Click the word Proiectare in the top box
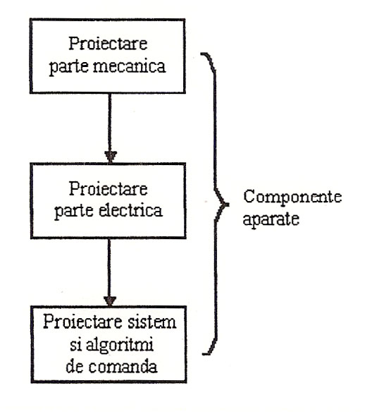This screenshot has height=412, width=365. tap(108, 44)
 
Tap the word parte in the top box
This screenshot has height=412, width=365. tap(69, 67)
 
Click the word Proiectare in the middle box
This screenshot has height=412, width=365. tap(108, 188)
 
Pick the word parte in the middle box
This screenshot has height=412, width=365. tap(74, 212)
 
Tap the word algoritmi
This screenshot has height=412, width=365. tap(120, 345)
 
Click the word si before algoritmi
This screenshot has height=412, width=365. tap(75, 345)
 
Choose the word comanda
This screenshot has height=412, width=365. tap(123, 367)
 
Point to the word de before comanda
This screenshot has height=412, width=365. tap(75, 366)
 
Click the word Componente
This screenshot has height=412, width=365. tap(292, 198)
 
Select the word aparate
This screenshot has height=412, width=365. tap(271, 219)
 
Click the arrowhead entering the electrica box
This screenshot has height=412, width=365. tap(111, 157)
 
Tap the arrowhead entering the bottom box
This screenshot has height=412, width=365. tap(110, 301)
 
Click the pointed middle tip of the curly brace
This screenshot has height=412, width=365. tap(228, 205)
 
